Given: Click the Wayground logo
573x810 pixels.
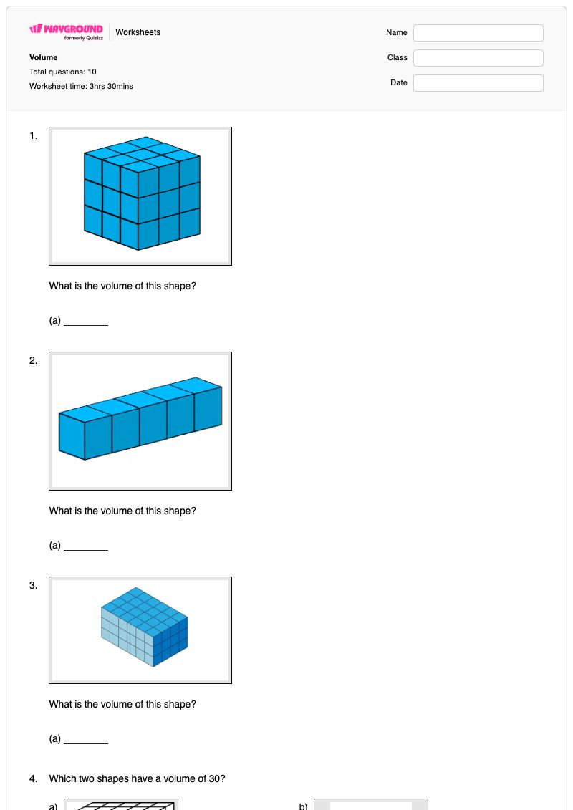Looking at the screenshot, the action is (x=66, y=32).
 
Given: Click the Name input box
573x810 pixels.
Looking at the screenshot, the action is (x=478, y=32).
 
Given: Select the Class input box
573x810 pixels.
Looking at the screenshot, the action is (x=478, y=58).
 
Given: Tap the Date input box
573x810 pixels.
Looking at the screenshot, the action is (x=478, y=82).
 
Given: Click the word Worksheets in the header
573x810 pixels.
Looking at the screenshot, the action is (x=138, y=32).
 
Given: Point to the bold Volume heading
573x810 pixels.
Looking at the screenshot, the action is (x=44, y=57).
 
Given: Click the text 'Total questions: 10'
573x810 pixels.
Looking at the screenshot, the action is (x=62, y=72).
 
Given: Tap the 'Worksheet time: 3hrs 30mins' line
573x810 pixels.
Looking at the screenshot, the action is (x=81, y=86).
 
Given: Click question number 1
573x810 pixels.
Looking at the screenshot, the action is (x=33, y=136).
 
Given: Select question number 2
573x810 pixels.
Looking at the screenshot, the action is (x=33, y=360).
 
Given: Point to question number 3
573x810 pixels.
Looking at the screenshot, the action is (x=33, y=585).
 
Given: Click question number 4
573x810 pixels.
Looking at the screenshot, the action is (x=33, y=778).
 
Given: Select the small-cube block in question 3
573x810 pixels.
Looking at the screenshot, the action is (x=144, y=627).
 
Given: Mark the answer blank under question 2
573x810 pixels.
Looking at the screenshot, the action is (x=86, y=549).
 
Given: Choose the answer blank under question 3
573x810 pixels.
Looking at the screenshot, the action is (x=86, y=743).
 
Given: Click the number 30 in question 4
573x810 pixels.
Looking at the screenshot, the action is (x=214, y=778).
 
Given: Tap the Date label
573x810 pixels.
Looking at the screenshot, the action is (x=399, y=82).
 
